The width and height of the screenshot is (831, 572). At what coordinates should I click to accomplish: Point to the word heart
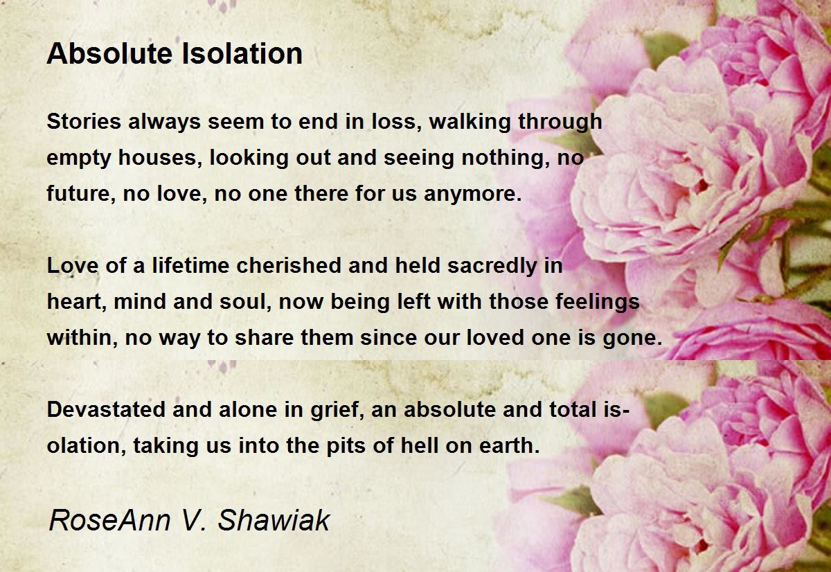pyautogui.click(x=73, y=302)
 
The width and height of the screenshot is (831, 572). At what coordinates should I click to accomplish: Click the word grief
pyautogui.click(x=337, y=409)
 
